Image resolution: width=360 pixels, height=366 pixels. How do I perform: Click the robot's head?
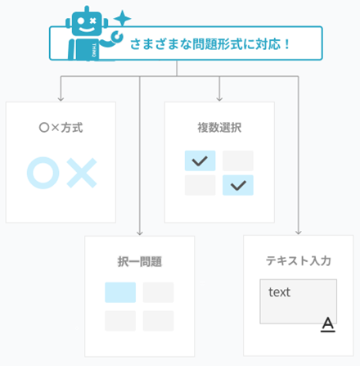point(87,22)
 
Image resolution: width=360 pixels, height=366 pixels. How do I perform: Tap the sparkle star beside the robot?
point(123,19)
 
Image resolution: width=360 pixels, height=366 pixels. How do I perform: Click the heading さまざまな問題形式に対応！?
point(209,44)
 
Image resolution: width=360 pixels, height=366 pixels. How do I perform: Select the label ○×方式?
point(61,128)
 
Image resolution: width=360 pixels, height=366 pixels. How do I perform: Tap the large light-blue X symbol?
point(82,173)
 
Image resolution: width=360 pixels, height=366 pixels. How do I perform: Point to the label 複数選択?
point(219,128)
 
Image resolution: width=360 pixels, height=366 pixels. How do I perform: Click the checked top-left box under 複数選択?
point(200,160)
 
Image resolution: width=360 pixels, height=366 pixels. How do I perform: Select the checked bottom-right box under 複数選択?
point(238,185)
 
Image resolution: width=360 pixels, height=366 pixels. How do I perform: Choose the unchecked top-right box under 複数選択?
point(238,160)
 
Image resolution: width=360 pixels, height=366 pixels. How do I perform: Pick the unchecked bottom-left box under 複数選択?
point(200,185)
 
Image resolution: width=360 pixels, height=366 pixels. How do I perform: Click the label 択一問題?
point(140,262)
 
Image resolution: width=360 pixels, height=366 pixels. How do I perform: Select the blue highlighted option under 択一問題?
point(120,292)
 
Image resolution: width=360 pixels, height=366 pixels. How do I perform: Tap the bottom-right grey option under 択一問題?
point(159,321)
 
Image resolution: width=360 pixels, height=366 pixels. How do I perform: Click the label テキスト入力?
point(299,260)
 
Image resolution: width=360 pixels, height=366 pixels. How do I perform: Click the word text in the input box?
point(279,292)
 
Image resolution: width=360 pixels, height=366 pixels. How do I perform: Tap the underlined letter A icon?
point(328,324)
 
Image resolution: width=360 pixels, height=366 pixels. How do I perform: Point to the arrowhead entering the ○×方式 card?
point(61,99)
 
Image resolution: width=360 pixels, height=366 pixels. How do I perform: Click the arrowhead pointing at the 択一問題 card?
point(140,233)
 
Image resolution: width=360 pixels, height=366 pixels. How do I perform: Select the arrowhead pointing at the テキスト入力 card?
point(299,232)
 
